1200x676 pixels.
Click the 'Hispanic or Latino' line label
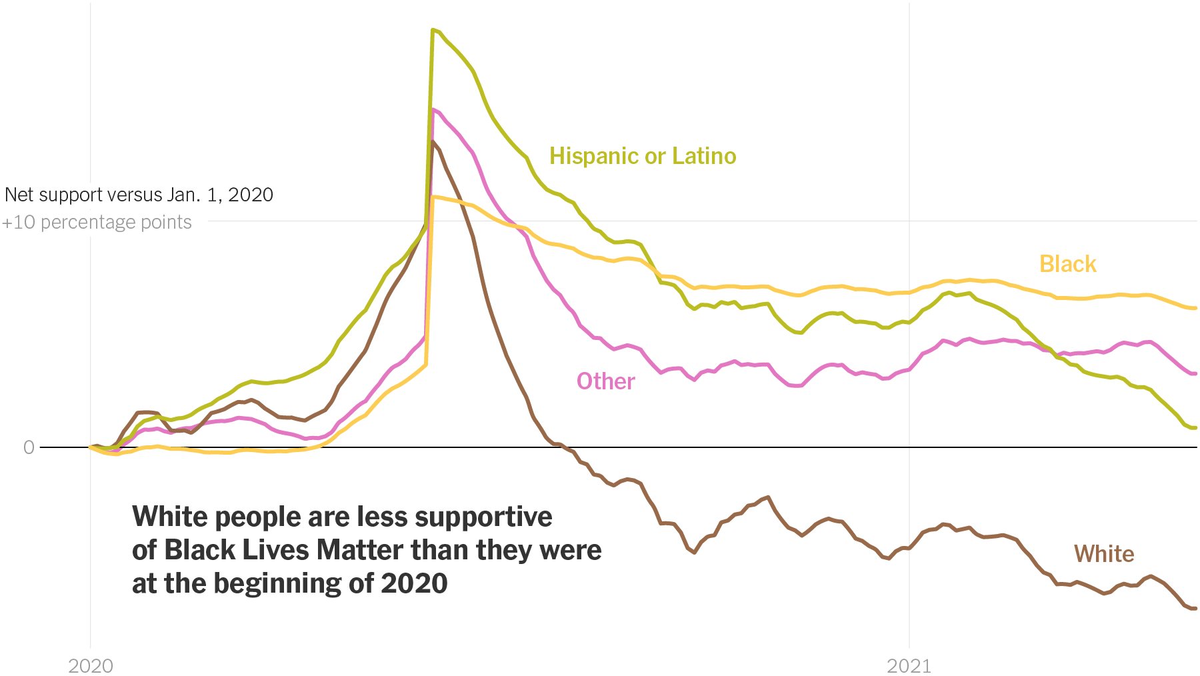pyautogui.click(x=642, y=156)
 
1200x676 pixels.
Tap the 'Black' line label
pyautogui.click(x=1067, y=264)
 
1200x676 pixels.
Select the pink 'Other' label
pyautogui.click(x=605, y=381)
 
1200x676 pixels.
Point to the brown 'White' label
pyautogui.click(x=1103, y=554)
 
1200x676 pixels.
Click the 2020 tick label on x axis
pyautogui.click(x=91, y=665)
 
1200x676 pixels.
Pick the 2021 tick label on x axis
pyautogui.click(x=909, y=665)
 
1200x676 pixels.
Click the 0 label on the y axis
pyautogui.click(x=29, y=447)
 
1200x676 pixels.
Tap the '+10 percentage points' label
pyautogui.click(x=97, y=222)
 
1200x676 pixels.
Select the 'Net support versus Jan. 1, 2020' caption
pyautogui.click(x=139, y=195)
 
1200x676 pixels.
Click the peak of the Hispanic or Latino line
pyautogui.click(x=433, y=30)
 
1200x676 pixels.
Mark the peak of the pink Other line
pyautogui.click(x=433, y=110)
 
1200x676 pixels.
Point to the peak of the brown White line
pyautogui.click(x=433, y=142)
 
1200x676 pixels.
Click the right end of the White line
pyautogui.click(x=1195, y=608)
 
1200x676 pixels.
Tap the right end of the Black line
pyautogui.click(x=1195, y=308)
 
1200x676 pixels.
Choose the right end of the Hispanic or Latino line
pyautogui.click(x=1195, y=427)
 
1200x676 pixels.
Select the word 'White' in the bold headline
pyautogui.click(x=170, y=517)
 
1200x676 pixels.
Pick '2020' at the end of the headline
pyautogui.click(x=414, y=584)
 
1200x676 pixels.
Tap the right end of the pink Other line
pyautogui.click(x=1195, y=373)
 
